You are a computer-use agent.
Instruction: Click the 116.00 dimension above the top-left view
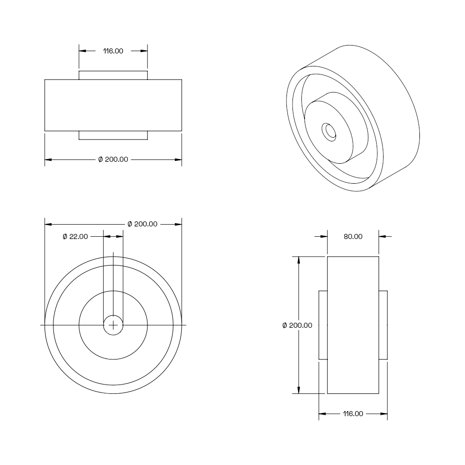(113, 51)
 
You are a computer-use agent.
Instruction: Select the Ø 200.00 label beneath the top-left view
(113, 159)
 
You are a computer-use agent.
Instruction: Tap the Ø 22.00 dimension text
(75, 237)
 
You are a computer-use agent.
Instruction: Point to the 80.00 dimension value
(353, 237)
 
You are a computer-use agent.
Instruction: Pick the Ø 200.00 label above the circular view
(142, 224)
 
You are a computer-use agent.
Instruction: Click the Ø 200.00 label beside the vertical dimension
(297, 325)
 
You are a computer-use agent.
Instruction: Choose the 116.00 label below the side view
(353, 414)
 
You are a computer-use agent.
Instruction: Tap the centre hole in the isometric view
(329, 132)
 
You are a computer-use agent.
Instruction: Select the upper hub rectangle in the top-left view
(113, 75)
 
